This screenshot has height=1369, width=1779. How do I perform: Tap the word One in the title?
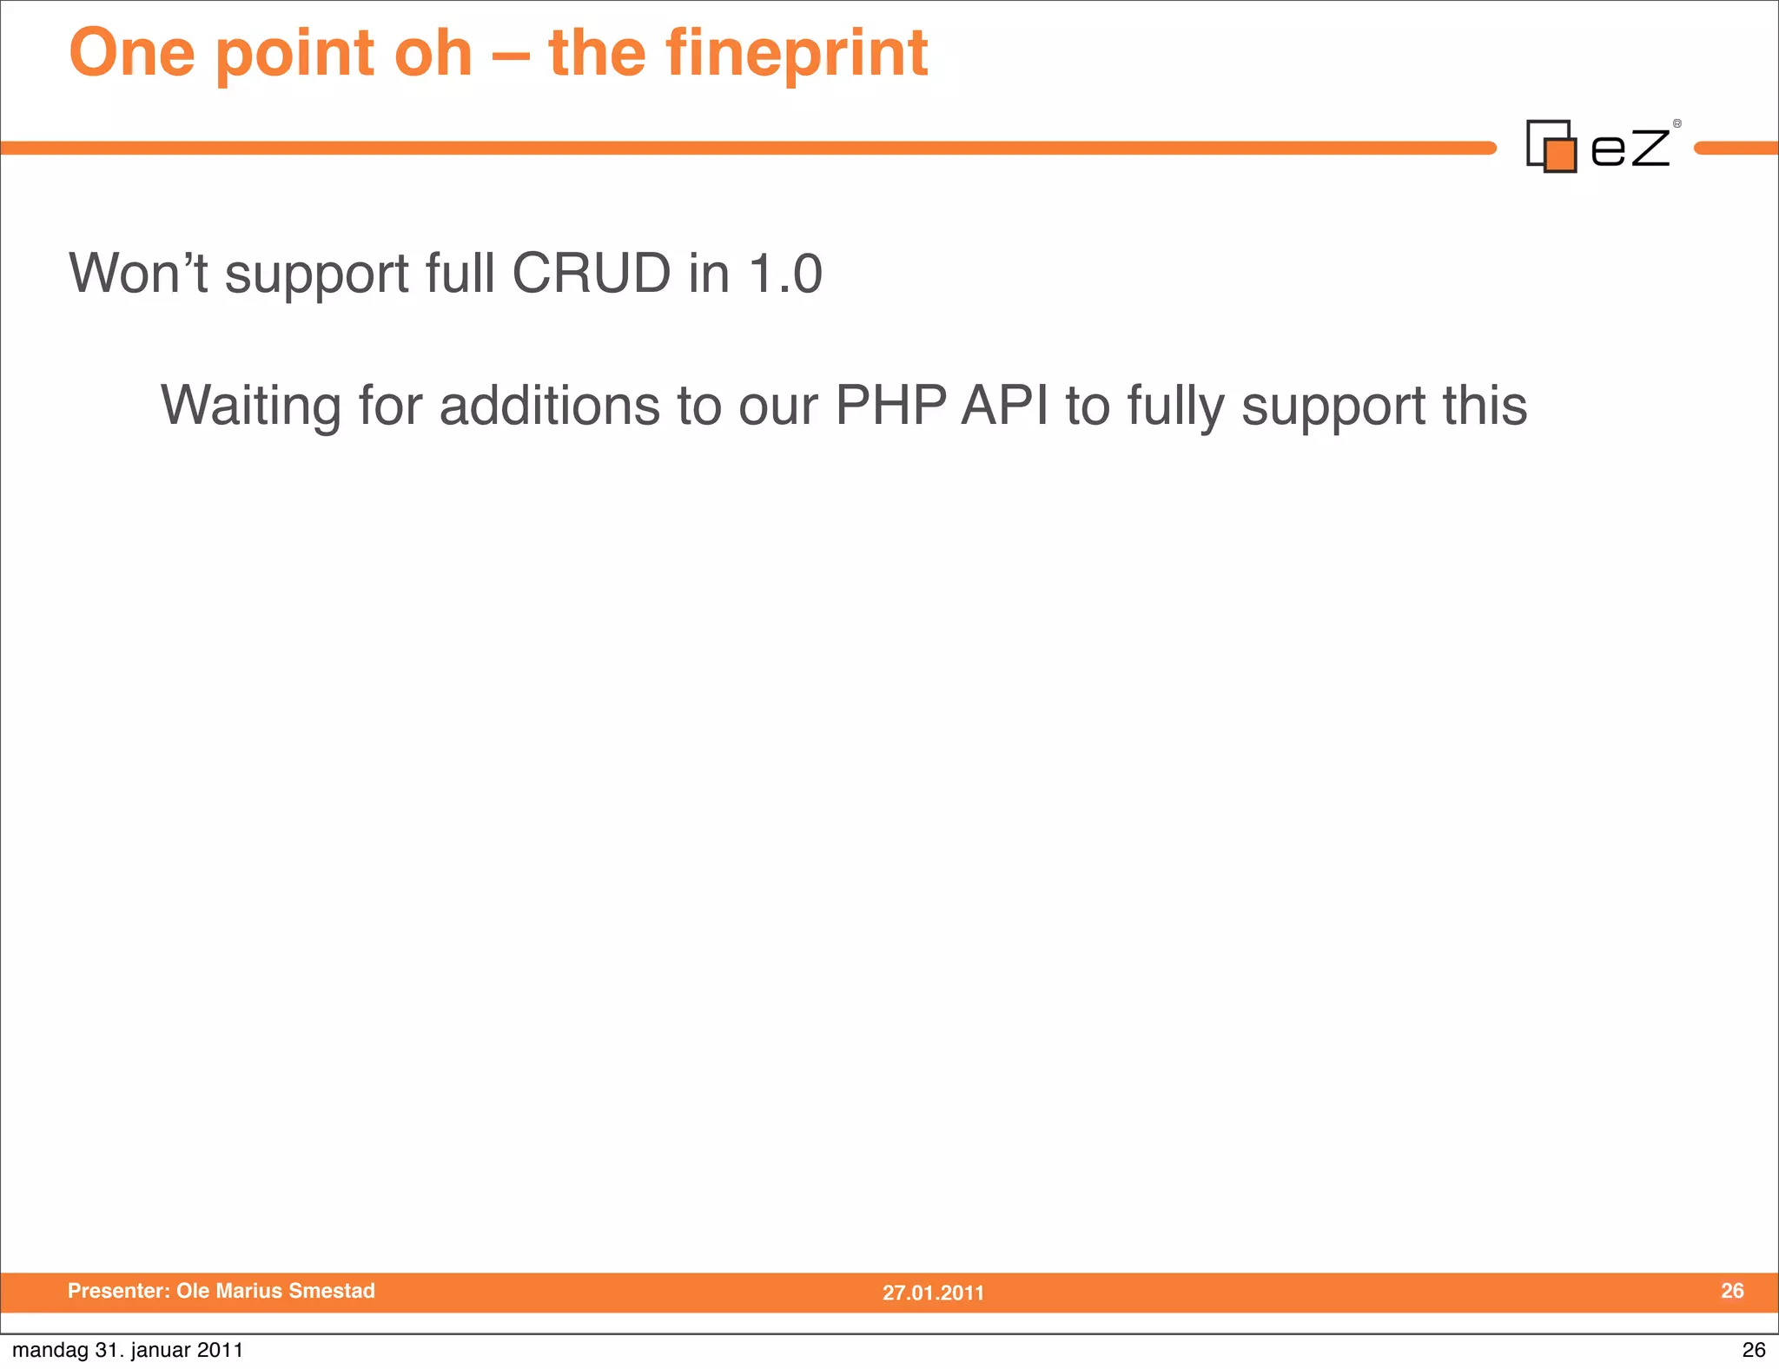tap(132, 54)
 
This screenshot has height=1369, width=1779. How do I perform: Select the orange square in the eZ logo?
tap(1561, 155)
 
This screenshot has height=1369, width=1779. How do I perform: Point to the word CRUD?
tap(591, 274)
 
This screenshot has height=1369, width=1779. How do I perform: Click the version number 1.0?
tap(785, 274)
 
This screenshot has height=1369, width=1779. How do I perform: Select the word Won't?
tap(138, 274)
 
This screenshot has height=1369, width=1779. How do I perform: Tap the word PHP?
tap(890, 406)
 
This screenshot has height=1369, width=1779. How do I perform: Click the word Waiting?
tap(251, 406)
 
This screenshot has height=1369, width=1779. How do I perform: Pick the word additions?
tap(550, 406)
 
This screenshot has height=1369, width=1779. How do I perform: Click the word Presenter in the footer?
tap(118, 1291)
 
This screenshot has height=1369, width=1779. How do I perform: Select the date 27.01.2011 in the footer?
tap(933, 1293)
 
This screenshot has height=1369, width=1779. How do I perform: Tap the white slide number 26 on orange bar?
tap(1732, 1291)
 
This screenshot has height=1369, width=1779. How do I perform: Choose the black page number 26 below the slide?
tap(1754, 1350)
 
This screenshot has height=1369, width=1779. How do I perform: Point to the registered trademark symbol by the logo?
tap(1676, 124)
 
